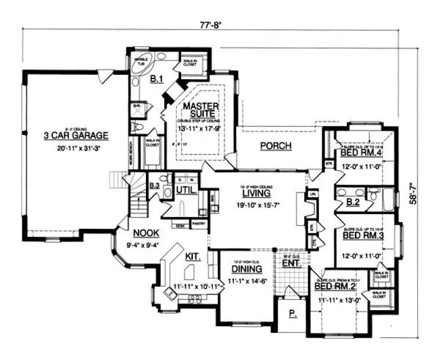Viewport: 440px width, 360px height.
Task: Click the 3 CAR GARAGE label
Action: pyautogui.click(x=76, y=135)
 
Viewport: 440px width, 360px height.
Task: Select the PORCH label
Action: pyautogui.click(x=276, y=145)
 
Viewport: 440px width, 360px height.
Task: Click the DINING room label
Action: pyautogui.click(x=247, y=269)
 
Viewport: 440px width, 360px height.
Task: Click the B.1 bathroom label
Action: pyautogui.click(x=157, y=80)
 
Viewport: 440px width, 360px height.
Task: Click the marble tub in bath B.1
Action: pyautogui.click(x=141, y=60)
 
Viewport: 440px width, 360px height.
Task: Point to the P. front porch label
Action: pyautogui.click(x=292, y=314)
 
